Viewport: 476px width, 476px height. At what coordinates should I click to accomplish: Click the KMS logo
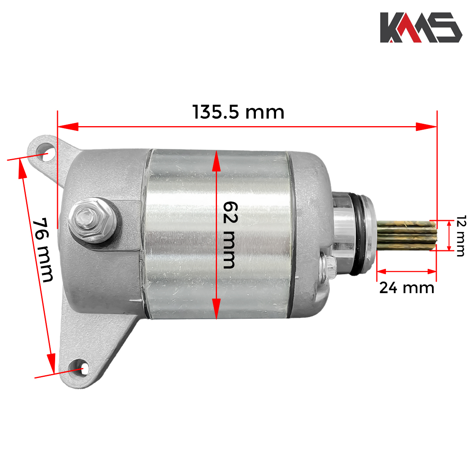[x=421, y=27]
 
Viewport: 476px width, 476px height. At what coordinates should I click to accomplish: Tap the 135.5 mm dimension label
[x=238, y=112]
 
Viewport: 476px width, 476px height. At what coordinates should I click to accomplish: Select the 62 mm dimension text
[x=230, y=235]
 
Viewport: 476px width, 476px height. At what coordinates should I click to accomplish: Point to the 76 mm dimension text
[x=42, y=250]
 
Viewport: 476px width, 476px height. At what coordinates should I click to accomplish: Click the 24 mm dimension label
[x=407, y=288]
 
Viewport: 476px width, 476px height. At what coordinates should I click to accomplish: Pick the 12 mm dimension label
[x=461, y=236]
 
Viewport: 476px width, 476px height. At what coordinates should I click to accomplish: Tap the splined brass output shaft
[x=407, y=235]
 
